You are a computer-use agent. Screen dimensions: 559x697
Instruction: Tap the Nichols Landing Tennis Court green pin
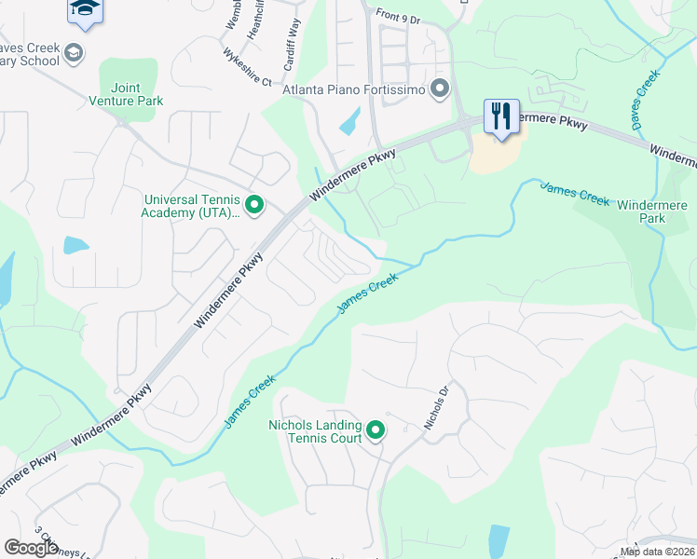[376, 430]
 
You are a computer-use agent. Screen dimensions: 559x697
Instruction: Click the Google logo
[32, 548]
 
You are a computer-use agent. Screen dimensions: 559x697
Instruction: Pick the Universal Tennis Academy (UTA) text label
[192, 205]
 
